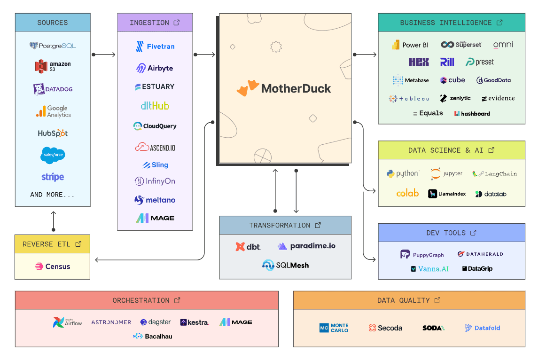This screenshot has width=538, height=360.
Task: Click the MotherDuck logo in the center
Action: coord(284,88)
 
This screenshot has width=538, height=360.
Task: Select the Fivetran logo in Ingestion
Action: coord(155,47)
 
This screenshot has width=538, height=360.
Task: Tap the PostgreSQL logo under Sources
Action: coord(53,46)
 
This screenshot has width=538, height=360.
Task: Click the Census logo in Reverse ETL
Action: coord(52,266)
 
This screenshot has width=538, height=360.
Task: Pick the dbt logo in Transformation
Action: coord(248,246)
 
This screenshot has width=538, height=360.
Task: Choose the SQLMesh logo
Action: coord(286,265)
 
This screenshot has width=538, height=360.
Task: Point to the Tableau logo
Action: coord(409,99)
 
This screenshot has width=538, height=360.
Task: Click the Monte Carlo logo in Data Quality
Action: coord(334,328)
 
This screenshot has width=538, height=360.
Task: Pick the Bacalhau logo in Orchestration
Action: coord(153,336)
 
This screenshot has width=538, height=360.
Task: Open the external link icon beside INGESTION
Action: coord(177,23)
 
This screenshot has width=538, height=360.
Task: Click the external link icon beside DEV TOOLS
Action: coord(474,233)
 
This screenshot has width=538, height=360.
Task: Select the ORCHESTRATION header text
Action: coord(141,300)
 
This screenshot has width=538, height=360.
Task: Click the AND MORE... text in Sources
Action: coord(53,195)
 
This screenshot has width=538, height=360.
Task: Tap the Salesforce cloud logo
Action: coord(53,155)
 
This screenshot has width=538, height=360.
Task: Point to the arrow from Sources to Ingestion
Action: coord(104,55)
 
